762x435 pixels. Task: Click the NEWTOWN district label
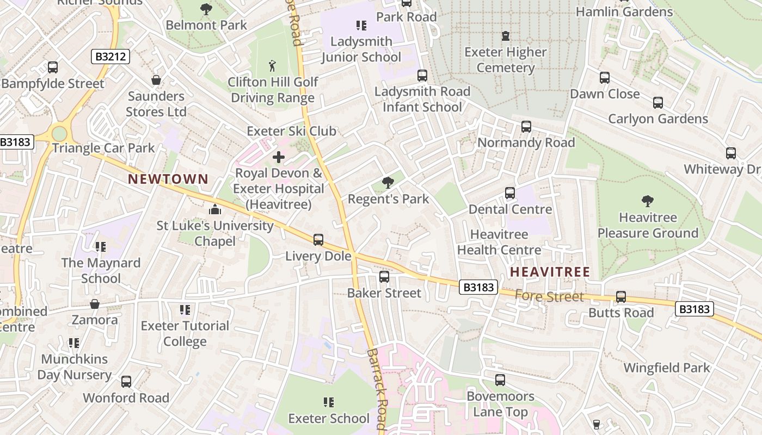pos(168,179)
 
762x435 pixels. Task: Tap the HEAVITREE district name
pos(550,271)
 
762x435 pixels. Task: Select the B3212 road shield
pos(110,56)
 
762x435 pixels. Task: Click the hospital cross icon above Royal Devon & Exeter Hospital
pos(278,158)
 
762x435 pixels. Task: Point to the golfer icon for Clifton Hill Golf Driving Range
pos(272,66)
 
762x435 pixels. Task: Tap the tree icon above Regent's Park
pos(388,183)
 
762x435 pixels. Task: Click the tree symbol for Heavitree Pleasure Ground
pos(647,201)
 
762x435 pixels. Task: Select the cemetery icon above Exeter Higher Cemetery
pos(506,36)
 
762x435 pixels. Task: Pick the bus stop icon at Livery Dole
pos(318,239)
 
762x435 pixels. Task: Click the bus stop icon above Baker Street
pos(384,277)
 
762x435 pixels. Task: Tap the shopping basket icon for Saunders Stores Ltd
pos(156,80)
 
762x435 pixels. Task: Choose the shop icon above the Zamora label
pos(95,303)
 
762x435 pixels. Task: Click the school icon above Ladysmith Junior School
pos(361,25)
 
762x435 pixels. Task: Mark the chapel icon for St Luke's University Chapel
pos(215,209)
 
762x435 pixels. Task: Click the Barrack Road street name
pos(376,389)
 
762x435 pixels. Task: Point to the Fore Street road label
pos(549,296)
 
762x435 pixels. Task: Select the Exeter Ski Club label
pos(291,131)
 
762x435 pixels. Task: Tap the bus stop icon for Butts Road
pos(620,297)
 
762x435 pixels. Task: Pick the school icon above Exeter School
pos(328,402)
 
